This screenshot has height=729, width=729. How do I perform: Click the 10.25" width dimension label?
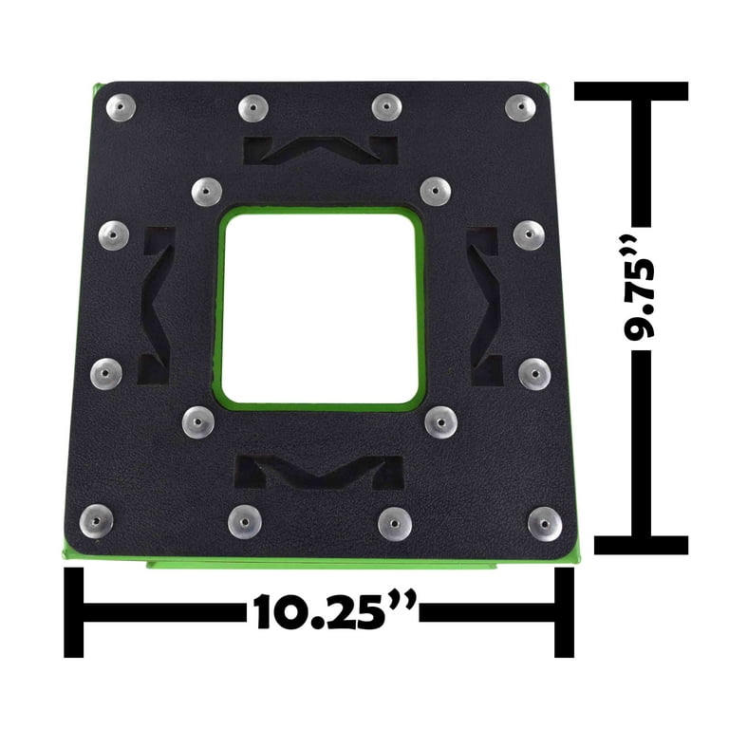(333, 612)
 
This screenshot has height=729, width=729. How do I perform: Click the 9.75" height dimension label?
(639, 288)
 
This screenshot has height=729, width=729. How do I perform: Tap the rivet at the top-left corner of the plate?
(121, 107)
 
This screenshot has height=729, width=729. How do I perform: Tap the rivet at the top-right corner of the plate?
(520, 108)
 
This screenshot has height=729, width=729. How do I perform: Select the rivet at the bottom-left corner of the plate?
(96, 521)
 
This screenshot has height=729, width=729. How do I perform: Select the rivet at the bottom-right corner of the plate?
(545, 524)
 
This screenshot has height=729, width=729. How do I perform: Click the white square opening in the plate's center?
(320, 308)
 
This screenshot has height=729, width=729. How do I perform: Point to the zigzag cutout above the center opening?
(321, 150)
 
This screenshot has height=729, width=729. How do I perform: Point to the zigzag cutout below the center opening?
(319, 472)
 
